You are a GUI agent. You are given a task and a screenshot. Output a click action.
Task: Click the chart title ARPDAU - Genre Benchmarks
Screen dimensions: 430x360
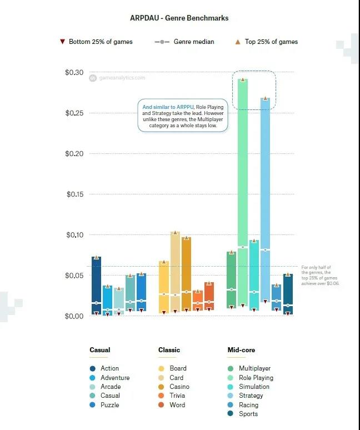point(179,18)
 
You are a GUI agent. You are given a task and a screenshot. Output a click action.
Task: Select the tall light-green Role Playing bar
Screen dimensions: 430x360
point(243,167)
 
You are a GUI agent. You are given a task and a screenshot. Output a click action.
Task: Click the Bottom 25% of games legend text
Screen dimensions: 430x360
point(101,42)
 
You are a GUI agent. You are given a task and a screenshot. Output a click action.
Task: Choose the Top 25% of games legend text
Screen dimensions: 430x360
point(271,42)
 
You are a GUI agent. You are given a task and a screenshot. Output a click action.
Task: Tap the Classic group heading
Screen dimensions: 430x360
point(169,350)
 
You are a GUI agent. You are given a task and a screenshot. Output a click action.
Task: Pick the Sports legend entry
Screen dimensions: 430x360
point(248,414)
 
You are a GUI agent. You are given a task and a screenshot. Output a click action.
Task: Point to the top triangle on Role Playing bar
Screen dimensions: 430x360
point(242,79)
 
